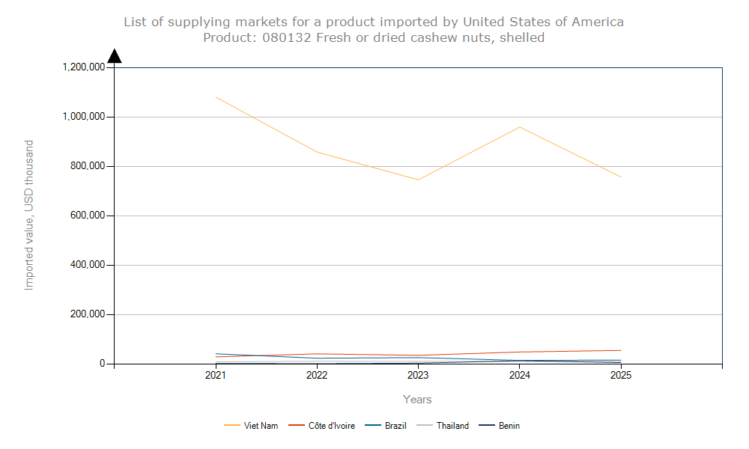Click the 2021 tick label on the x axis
[x=216, y=376]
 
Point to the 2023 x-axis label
[x=418, y=376]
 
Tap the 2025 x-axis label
[x=621, y=376]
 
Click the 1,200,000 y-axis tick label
[x=83, y=67]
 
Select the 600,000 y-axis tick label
[x=86, y=216]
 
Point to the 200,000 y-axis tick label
[x=86, y=314]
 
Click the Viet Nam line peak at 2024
[x=520, y=126]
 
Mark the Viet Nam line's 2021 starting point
[x=216, y=97]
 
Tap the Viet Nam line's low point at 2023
[x=418, y=180]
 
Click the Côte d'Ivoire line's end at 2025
[x=621, y=350]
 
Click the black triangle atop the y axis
[x=115, y=56]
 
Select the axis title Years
[x=417, y=400]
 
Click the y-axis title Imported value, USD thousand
[x=29, y=216]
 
